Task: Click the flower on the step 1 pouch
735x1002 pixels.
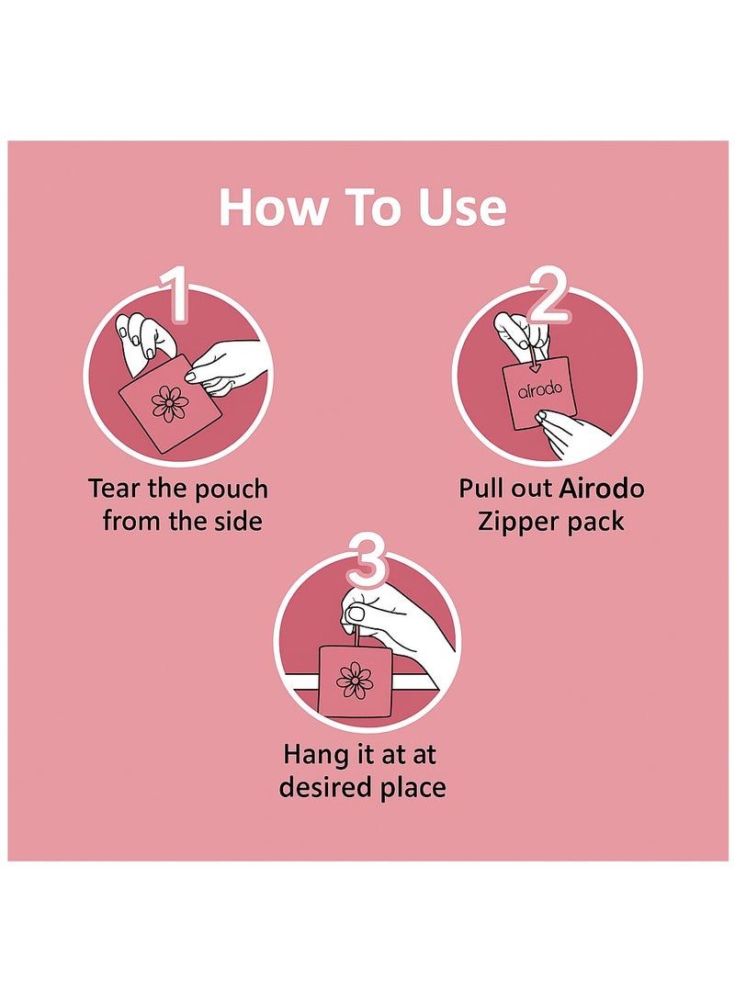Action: (170, 403)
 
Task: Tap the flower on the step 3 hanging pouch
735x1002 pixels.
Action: (355, 680)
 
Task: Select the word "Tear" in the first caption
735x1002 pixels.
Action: (116, 488)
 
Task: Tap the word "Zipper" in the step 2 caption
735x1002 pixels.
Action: (518, 523)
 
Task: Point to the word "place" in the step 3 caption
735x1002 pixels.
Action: (413, 788)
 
